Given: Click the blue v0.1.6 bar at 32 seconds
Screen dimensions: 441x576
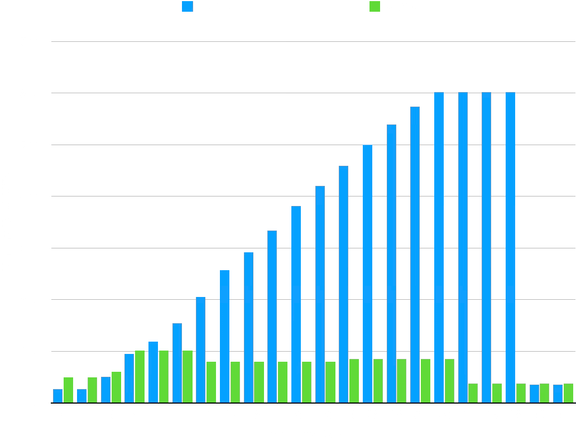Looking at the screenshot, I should (439, 248).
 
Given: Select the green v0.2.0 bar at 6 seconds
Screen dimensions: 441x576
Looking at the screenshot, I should (140, 377).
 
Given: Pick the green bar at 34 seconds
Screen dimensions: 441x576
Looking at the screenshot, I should (473, 393).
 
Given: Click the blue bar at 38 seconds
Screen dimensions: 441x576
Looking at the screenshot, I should (510, 248).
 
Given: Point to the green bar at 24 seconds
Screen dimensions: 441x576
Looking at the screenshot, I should (354, 381).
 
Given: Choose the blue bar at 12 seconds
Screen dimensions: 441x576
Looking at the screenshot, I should (200, 350).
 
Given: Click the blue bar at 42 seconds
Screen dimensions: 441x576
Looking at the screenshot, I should (558, 394).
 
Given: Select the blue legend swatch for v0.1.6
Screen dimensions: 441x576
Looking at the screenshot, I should (187, 7).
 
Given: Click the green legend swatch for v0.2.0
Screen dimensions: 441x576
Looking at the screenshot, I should (375, 7).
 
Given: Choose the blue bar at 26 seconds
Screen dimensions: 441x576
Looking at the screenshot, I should (367, 274).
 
